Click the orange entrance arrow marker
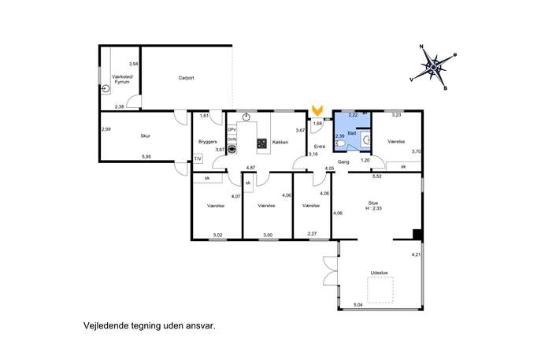tap(317, 110)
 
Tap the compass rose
tap(433, 67)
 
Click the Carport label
tap(187, 78)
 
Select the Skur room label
tap(145, 136)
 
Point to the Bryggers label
tap(208, 142)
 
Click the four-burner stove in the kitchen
tap(262, 143)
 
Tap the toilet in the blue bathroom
tap(339, 143)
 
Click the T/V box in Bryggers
tap(198, 159)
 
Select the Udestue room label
tap(380, 273)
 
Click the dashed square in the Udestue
tap(380, 290)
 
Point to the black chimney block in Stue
tap(418, 235)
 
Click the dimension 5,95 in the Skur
tap(146, 157)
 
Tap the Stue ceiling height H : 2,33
tap(374, 209)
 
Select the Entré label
tap(320, 147)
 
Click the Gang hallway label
tap(343, 161)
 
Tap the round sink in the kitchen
tap(246, 117)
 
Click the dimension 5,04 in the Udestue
tap(358, 305)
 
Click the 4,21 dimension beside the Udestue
tap(416, 254)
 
